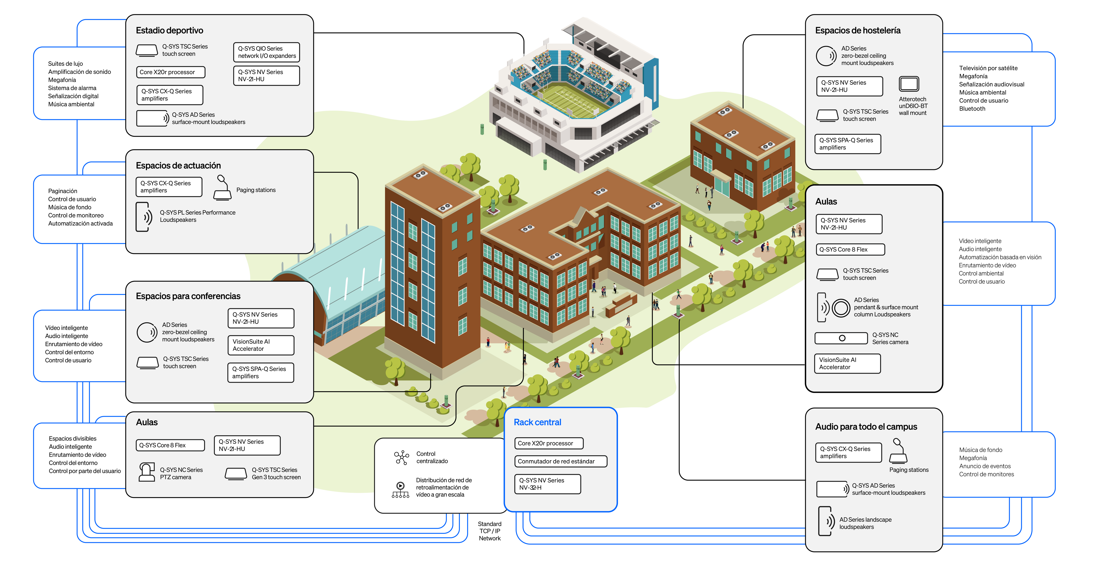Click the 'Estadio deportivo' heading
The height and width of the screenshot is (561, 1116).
tap(169, 30)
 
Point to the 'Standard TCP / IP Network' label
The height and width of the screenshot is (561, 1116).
tap(489, 531)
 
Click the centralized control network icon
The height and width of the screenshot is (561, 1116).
tap(401, 457)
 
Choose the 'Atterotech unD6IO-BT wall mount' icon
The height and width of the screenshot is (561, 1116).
tap(909, 84)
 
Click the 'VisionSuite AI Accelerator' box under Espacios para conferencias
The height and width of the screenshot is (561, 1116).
tap(261, 345)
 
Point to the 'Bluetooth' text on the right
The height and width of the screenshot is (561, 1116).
tap(972, 109)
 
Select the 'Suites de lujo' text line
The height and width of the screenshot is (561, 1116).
tap(65, 64)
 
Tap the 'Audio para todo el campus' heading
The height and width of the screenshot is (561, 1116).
tap(866, 427)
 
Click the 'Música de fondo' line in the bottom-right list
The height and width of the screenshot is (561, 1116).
tap(980, 450)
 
